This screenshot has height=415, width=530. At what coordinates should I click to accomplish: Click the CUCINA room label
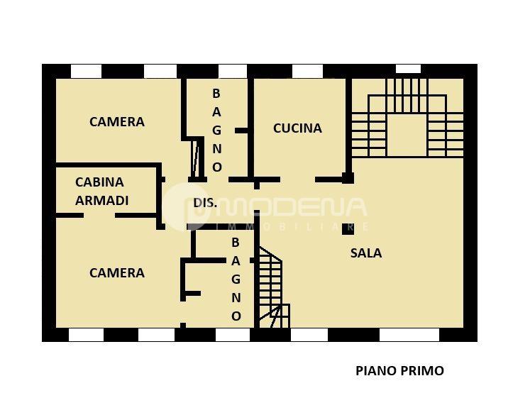point(297,128)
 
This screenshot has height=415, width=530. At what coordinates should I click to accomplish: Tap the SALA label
point(365,253)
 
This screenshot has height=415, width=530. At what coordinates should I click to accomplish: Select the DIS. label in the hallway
point(205,203)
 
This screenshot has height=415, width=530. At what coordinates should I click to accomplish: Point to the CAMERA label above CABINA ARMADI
point(116,122)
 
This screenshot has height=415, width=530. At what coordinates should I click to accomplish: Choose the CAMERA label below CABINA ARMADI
point(116,272)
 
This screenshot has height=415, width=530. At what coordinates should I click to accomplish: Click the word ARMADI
point(101,201)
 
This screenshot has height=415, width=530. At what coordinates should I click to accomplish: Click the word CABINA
point(99,182)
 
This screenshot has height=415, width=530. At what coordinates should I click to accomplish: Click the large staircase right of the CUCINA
point(407,118)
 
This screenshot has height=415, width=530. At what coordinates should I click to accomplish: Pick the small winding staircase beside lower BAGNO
point(272,287)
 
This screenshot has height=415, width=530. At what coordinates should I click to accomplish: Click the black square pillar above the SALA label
point(348,228)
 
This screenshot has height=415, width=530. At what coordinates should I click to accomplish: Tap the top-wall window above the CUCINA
point(307,71)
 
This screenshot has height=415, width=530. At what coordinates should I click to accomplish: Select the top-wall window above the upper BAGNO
point(232,71)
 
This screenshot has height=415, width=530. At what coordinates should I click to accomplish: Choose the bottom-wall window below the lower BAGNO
point(232,335)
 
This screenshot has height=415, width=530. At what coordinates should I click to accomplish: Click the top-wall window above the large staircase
point(408,69)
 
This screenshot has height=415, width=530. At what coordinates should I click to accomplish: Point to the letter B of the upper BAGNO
point(217,94)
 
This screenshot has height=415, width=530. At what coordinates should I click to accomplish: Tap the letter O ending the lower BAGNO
point(236,316)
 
